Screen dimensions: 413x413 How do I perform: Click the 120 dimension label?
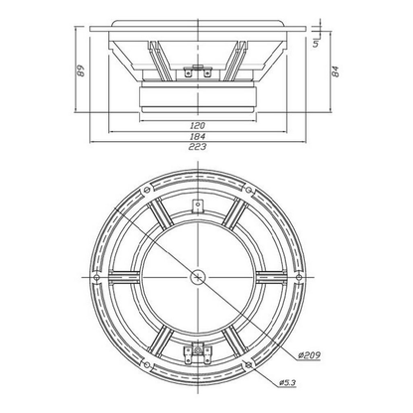[198, 125]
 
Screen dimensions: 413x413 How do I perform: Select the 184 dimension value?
[198, 136]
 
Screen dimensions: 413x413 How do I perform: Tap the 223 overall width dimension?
[198, 147]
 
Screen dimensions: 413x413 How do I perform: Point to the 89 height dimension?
[80, 70]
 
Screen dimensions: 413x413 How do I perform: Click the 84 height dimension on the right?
[336, 71]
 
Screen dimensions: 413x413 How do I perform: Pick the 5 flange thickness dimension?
[316, 43]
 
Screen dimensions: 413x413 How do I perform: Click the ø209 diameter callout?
[309, 355]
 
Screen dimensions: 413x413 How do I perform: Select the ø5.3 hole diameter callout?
[287, 383]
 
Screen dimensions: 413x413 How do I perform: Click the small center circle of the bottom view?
[198, 277]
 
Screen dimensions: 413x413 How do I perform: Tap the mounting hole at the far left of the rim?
[96, 277]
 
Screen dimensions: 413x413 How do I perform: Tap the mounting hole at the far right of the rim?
[299, 277]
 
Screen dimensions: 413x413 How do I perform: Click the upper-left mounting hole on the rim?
[147, 190]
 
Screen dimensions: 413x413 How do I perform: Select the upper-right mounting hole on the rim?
[249, 190]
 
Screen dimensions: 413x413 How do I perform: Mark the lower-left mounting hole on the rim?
[147, 365]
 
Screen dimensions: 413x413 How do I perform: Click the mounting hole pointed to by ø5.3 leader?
[249, 365]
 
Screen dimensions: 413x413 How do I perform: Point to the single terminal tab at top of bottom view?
[198, 206]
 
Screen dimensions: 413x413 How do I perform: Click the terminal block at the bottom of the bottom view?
[198, 353]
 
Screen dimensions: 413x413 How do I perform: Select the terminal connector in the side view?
[198, 72]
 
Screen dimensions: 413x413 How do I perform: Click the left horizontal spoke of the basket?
[124, 277]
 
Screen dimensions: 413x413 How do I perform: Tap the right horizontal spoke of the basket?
[271, 277]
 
